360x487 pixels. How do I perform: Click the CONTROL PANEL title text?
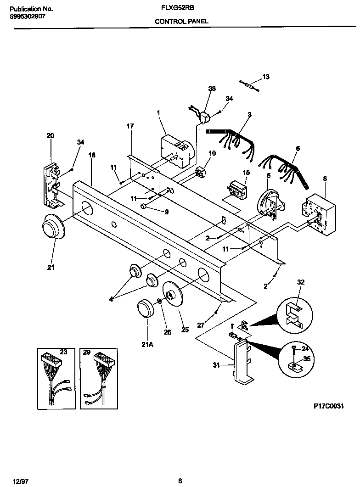tap(181, 21)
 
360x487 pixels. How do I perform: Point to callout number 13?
tap(266, 76)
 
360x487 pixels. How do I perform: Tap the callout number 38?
tap(212, 89)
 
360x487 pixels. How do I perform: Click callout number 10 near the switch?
tap(212, 153)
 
